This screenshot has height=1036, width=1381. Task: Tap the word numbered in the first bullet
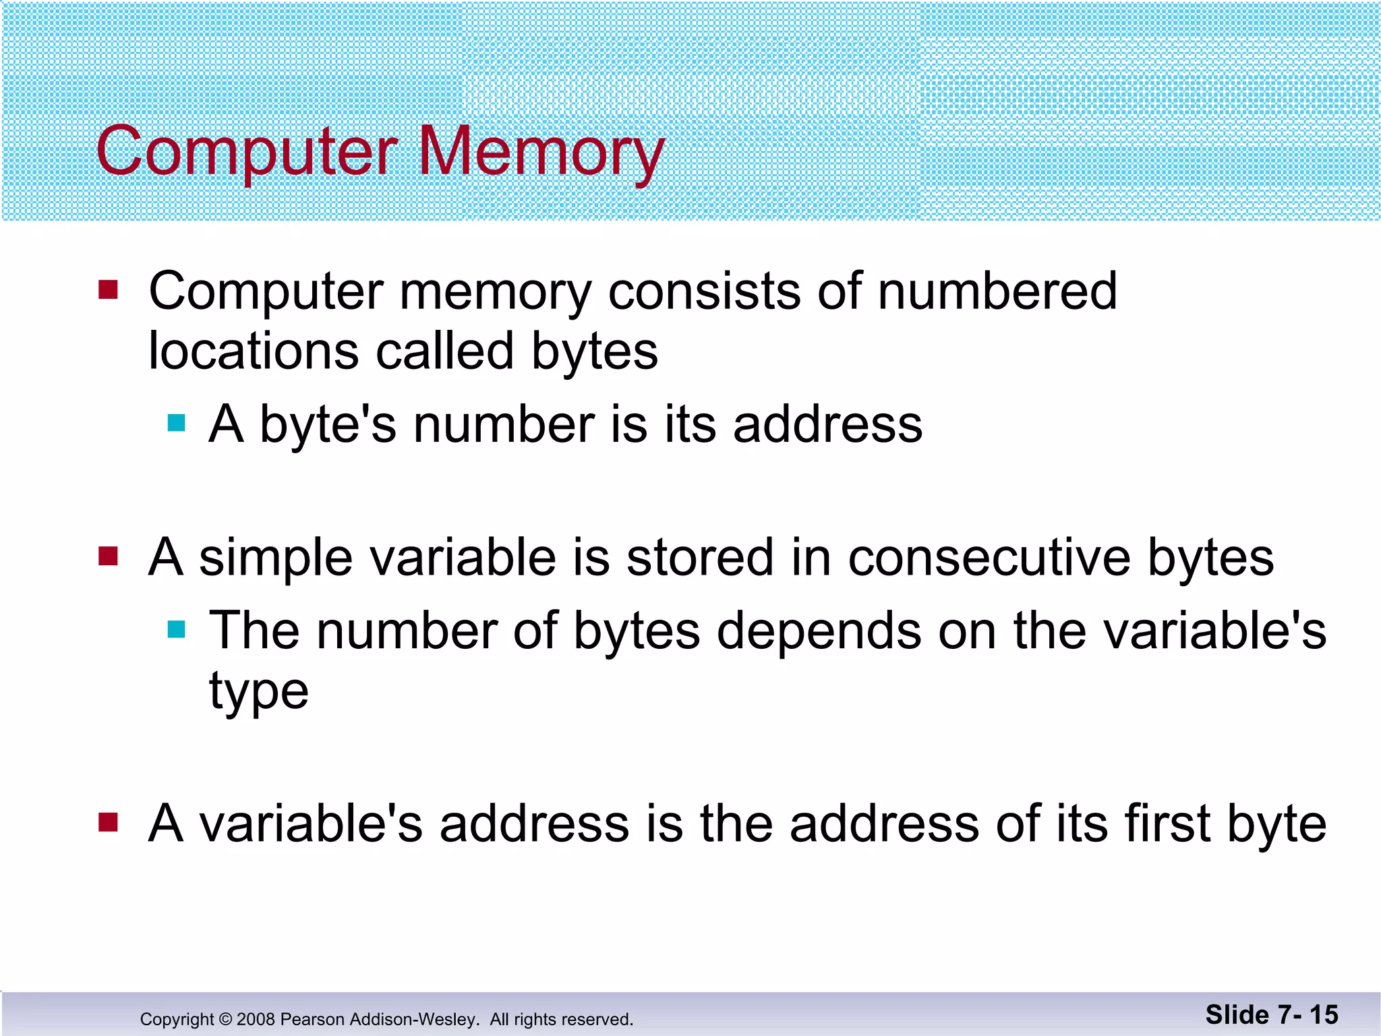997,291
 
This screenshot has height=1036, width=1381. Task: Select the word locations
254,351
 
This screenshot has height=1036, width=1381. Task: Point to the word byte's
328,425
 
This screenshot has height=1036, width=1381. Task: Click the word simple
275,558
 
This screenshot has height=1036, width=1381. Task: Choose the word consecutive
989,558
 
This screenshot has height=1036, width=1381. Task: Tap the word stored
699,558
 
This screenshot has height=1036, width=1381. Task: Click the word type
259,692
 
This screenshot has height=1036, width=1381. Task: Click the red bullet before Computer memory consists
108,290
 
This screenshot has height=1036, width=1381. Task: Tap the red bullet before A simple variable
108,556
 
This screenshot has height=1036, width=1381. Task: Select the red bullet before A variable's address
108,822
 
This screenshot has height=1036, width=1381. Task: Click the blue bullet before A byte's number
176,423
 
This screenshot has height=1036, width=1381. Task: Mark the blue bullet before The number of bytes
176,629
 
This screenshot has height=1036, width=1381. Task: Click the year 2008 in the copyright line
255,1019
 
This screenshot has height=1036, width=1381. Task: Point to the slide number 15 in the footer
1323,1015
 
